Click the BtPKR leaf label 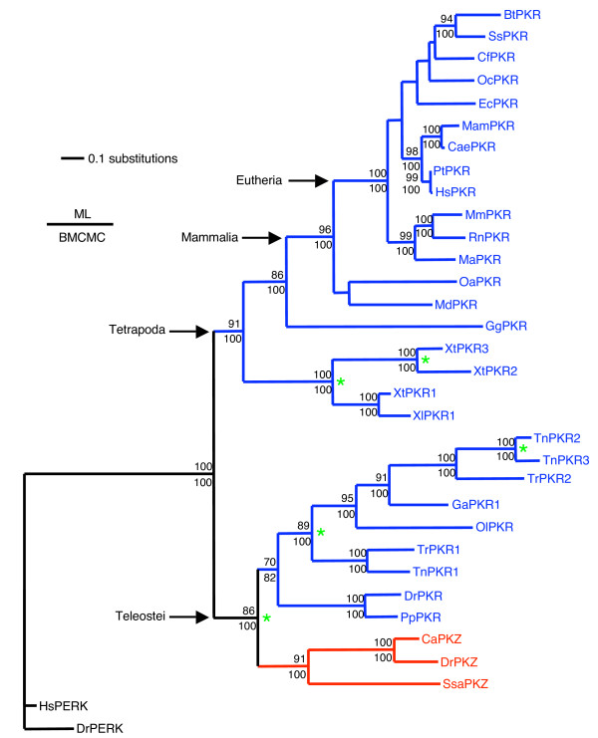(522, 17)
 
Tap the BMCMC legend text (80, 238)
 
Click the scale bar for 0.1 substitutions (72, 157)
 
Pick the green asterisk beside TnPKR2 (523, 450)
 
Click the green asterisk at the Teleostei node (267, 619)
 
